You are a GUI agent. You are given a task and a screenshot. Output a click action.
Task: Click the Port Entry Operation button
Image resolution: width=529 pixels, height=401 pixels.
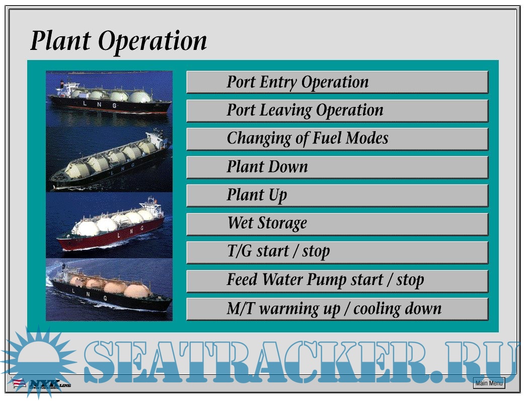point(337,82)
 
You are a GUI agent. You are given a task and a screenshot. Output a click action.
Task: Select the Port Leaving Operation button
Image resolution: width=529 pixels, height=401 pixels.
point(337,110)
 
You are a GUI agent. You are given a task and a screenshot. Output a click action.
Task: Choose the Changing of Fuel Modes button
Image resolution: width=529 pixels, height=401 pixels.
point(337,139)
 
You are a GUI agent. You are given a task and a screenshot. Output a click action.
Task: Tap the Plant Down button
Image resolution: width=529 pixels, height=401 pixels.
point(337,167)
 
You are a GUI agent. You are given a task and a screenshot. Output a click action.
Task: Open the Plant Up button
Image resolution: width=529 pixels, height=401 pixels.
point(337,195)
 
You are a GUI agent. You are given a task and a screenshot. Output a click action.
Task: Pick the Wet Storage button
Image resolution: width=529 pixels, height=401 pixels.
point(337,224)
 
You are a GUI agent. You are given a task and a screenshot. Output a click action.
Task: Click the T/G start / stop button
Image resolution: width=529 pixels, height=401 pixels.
point(337,252)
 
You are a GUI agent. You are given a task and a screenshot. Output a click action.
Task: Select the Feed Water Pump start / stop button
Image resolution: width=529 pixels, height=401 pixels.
point(337,280)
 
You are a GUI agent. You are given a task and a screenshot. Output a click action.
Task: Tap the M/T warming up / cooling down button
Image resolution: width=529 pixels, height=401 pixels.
point(337,309)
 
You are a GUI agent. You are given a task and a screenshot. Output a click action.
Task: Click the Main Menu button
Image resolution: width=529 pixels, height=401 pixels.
point(489,383)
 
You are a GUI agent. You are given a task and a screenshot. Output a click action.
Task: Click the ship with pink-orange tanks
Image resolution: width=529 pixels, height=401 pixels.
point(109,290)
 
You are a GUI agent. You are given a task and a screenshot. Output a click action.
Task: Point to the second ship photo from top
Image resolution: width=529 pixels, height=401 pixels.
point(109,159)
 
